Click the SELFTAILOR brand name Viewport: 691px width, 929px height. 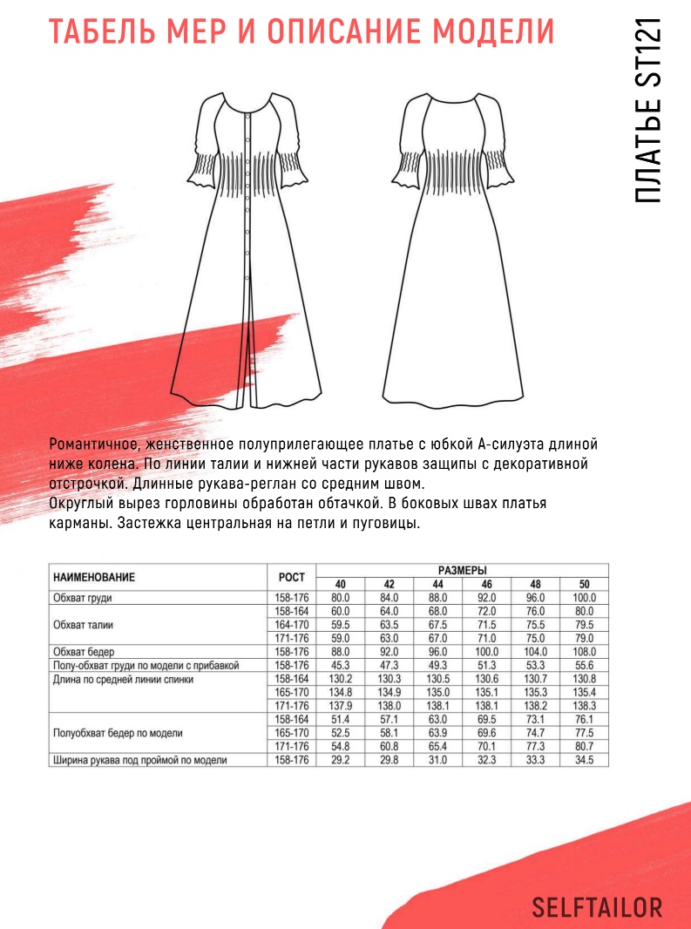coord(597,907)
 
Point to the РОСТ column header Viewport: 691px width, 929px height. coord(291,577)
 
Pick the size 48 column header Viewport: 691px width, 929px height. coord(535,584)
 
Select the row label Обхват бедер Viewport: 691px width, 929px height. coord(84,652)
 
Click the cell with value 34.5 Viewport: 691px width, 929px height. coord(584,761)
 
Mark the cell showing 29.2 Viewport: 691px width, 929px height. coord(340,761)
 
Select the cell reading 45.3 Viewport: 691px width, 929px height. coord(340,665)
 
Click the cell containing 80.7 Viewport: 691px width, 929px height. coord(584,747)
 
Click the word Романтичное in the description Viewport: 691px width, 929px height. coord(95,444)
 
